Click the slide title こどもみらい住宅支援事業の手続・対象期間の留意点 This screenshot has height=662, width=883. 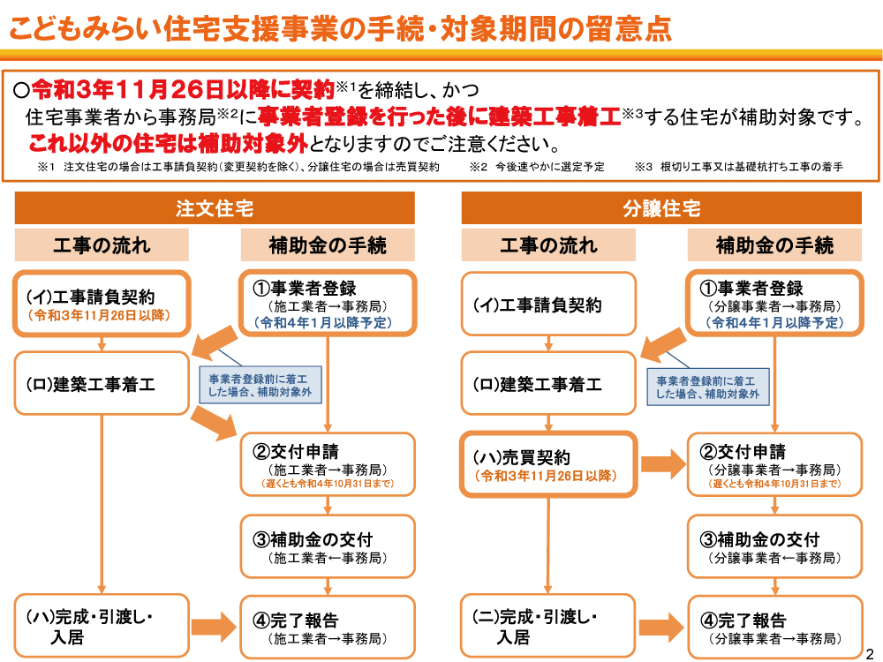tap(340, 28)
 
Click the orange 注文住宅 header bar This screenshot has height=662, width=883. tap(215, 208)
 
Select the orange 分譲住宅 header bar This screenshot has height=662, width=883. tap(661, 208)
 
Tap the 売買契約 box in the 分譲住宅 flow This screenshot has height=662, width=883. tap(548, 465)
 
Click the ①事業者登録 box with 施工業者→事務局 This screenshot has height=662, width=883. tap(328, 304)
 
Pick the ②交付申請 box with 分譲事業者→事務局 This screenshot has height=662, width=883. tap(774, 464)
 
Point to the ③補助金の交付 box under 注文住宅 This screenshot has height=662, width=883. tap(328, 546)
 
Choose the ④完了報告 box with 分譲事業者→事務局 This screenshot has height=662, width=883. tap(774, 627)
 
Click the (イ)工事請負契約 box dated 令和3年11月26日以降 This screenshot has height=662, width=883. tap(102, 304)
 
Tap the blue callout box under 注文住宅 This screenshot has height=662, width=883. tap(260, 385)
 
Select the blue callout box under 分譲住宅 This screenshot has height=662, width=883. tap(707, 387)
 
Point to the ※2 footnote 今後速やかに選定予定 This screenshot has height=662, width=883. tap(537, 167)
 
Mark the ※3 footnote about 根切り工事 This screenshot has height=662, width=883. tap(739, 167)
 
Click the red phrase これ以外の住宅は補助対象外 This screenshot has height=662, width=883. tap(168, 144)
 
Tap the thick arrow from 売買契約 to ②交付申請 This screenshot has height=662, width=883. tap(663, 464)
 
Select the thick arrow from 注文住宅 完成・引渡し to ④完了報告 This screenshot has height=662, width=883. tap(214, 627)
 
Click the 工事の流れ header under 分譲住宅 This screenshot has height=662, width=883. tap(548, 245)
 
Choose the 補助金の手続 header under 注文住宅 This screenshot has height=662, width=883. tap(328, 245)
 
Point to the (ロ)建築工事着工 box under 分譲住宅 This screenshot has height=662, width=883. tap(548, 383)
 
